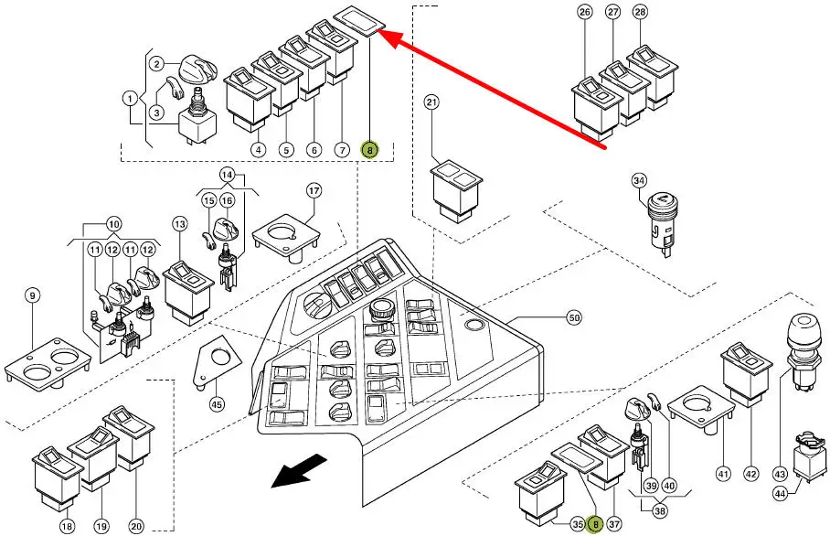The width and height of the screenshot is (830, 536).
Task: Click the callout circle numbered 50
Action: [x=574, y=318]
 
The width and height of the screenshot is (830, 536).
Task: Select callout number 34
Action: [x=640, y=181]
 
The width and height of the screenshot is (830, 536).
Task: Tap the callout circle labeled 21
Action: [x=432, y=102]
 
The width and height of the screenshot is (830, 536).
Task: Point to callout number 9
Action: [x=33, y=295]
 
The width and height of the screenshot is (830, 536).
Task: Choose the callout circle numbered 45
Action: [x=217, y=403]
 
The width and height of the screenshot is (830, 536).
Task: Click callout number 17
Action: [x=314, y=191]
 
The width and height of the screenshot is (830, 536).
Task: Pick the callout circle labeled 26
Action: [x=585, y=12]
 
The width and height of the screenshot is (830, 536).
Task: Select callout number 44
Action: [x=779, y=493]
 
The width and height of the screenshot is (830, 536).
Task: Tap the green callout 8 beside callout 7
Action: [x=369, y=150]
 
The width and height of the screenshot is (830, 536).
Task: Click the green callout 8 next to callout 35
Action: [x=596, y=524]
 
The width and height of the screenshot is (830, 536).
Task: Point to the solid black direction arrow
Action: [x=297, y=472]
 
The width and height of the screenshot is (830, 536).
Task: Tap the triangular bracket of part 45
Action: [x=211, y=363]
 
